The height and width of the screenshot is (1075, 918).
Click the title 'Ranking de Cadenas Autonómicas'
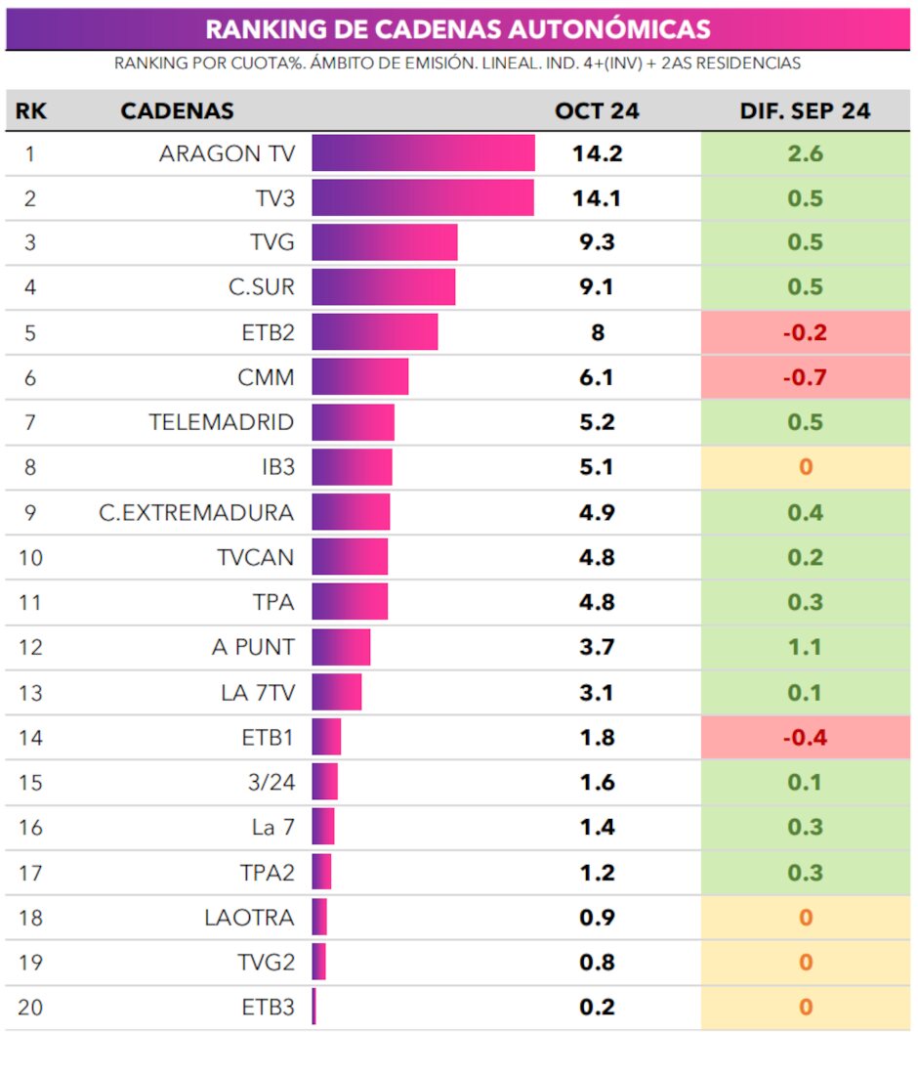pos(458,28)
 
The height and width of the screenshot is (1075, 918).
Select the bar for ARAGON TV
pos(423,153)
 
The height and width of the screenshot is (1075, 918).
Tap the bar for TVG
pos(385,242)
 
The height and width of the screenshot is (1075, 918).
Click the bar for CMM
pos(359,377)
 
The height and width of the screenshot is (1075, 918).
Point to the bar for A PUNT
pos(341,647)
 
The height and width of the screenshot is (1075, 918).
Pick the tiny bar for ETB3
pos(314,1007)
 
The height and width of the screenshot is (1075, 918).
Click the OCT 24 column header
pos(597,110)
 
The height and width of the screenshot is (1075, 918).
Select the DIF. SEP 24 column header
pos(805,110)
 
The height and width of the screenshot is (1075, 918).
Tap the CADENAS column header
pos(177,110)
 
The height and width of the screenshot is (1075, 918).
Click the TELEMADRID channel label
pos(221,422)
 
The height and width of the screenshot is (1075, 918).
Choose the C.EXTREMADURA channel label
pos(196,512)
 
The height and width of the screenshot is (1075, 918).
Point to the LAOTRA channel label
pos(249,918)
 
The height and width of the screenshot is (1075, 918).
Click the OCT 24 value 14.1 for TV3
pos(598,198)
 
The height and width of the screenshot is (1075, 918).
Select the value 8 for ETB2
pos(598,332)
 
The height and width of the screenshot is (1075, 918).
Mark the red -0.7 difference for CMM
pos(805,377)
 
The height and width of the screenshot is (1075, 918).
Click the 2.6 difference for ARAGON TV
pos(805,153)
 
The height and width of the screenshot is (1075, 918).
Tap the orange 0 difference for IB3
pos(806,467)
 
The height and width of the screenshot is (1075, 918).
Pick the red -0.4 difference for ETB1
pos(805,737)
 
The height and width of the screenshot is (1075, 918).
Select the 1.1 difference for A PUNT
pos(805,647)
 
